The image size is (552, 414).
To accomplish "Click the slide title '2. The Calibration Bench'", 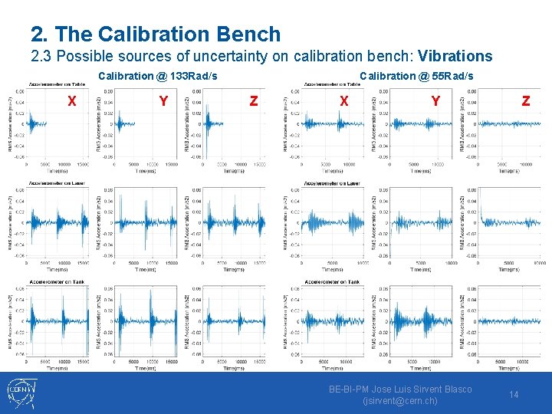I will click(156, 34).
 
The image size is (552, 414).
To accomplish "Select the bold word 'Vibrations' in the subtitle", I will click(455, 56).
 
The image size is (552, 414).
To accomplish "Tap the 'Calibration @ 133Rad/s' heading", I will click(158, 75).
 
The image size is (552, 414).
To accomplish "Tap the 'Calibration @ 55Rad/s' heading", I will click(416, 75).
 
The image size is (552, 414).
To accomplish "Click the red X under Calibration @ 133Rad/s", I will click(71, 100).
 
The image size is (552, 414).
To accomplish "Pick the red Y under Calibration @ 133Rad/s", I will click(163, 100).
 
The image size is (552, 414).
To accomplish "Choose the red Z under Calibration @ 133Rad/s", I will click(254, 100).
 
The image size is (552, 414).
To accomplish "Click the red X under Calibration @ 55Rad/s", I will click(344, 100).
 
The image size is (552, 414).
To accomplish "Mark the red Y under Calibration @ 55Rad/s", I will click(435, 100).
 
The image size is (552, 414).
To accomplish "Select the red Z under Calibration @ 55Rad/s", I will click(525, 100).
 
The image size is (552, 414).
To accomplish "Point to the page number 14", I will click(514, 395).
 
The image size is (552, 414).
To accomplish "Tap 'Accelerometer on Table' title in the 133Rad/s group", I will click(58, 84).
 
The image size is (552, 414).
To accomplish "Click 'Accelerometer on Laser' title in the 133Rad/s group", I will click(58, 183).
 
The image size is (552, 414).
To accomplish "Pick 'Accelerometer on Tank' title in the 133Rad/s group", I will click(58, 282).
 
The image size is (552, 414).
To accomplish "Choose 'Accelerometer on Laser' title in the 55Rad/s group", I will click(333, 183).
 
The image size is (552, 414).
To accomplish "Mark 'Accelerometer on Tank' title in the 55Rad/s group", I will click(333, 282).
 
